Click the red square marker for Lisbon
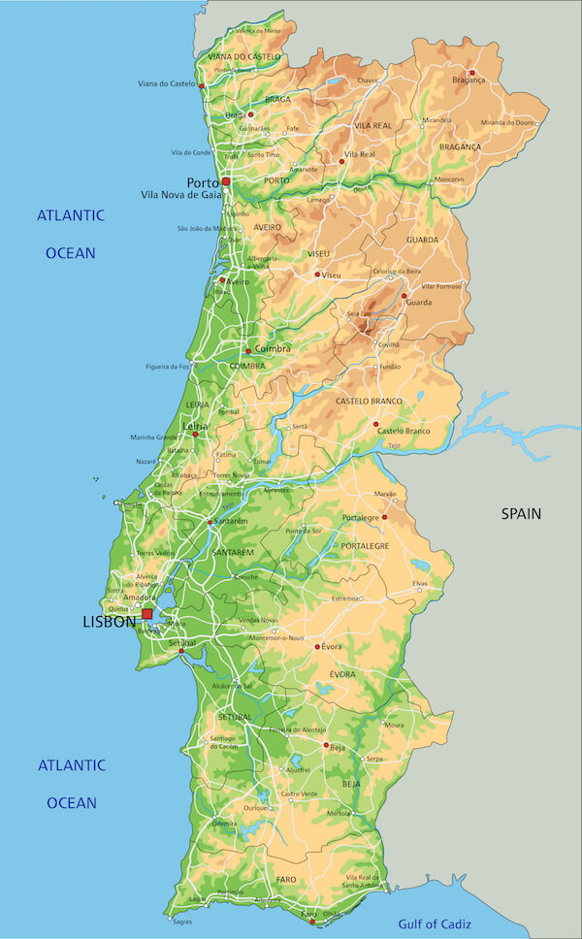(147, 614)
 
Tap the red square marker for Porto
(226, 181)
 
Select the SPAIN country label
(521, 513)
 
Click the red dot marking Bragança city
(472, 73)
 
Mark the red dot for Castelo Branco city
(375, 424)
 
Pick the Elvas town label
(420, 584)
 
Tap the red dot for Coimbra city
(248, 350)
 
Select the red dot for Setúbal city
(181, 651)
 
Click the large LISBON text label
(109, 622)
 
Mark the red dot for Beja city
(326, 745)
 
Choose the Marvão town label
(385, 494)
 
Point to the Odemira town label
(224, 823)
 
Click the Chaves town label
(368, 81)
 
